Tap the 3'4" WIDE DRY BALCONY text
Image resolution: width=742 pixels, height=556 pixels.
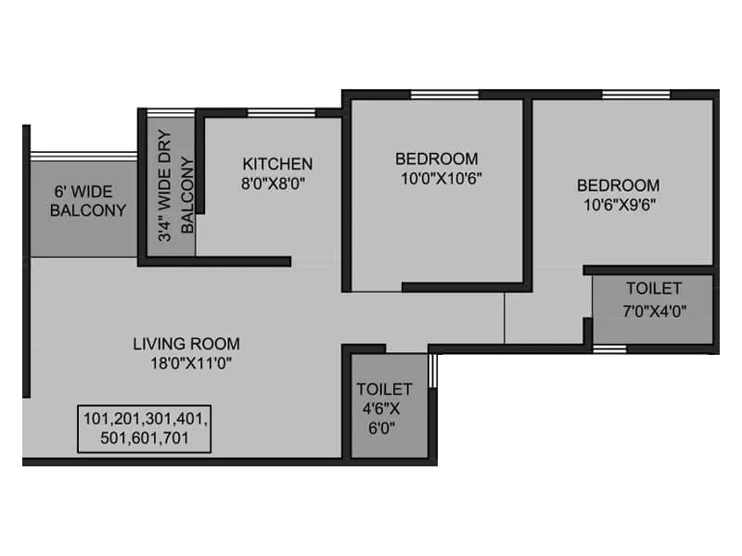[x=176, y=196]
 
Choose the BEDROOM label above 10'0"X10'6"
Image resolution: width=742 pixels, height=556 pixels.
[x=437, y=158]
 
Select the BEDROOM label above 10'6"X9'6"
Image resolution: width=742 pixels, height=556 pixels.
[x=619, y=185]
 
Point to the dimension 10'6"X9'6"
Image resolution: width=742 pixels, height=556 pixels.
[x=619, y=205]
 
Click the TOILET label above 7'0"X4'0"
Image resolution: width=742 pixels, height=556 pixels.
[x=653, y=288]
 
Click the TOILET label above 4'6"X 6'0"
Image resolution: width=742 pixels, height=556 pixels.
[x=384, y=389]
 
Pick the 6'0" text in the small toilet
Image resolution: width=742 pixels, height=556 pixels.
[x=384, y=429]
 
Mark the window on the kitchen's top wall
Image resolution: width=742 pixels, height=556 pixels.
[x=281, y=113]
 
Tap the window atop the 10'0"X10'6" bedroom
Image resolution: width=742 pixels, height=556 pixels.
[x=438, y=94]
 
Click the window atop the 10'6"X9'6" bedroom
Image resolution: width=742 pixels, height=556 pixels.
[x=635, y=94]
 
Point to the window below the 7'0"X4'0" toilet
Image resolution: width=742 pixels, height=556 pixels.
[x=609, y=349]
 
